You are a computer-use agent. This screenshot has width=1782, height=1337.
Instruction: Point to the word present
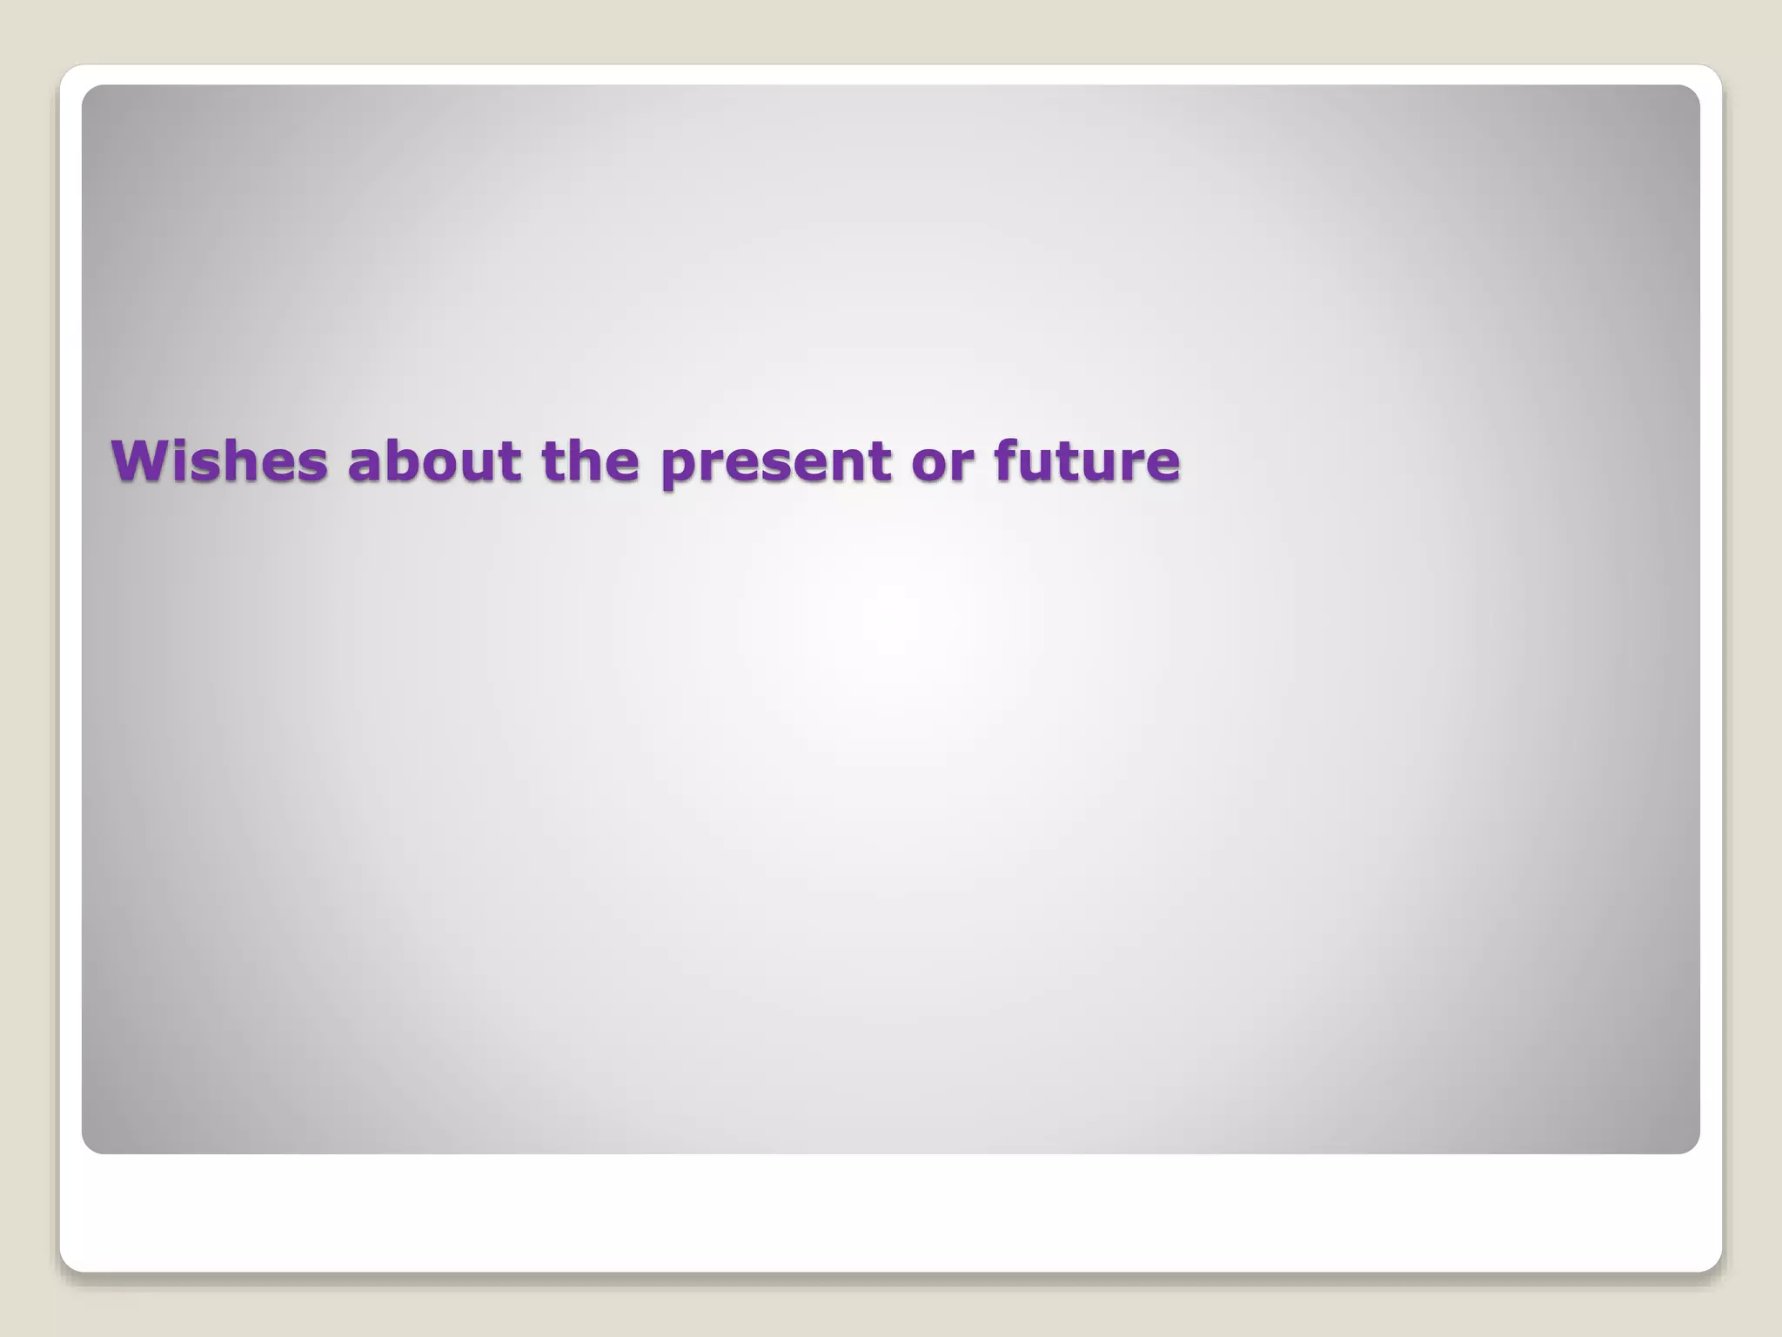pos(775,463)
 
